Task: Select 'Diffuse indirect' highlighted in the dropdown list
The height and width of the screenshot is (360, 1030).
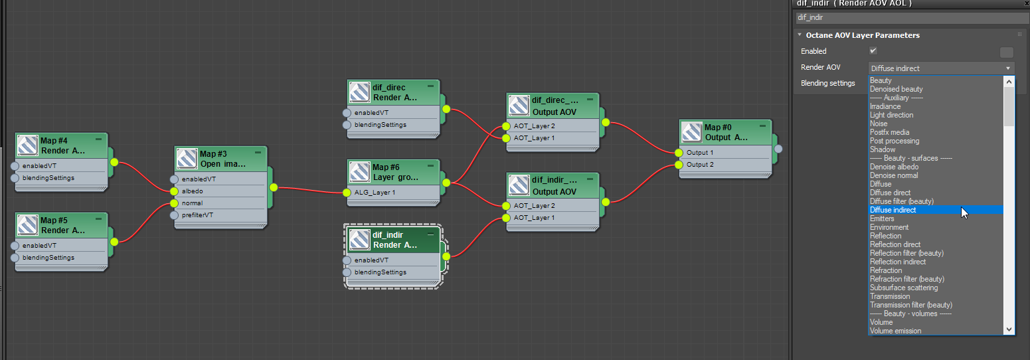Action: point(893,210)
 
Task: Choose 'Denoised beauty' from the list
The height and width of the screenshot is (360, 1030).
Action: point(896,89)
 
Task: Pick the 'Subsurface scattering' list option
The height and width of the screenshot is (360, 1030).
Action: point(904,288)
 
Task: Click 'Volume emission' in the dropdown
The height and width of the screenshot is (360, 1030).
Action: point(895,331)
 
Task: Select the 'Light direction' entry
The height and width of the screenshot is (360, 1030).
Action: point(891,115)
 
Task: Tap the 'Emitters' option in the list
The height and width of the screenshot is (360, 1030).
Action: point(882,219)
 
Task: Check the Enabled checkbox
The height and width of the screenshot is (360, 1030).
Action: point(873,50)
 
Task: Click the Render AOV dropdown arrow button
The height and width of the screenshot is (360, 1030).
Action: point(1008,68)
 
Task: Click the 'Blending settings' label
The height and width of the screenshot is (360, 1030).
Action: point(827,84)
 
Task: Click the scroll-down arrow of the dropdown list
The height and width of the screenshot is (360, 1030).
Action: point(1009,329)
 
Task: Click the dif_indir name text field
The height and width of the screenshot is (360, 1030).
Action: point(910,17)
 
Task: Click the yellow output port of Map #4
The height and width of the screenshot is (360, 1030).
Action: point(114,162)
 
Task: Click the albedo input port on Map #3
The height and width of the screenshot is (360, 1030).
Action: point(174,191)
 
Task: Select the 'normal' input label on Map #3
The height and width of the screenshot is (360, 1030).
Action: point(192,203)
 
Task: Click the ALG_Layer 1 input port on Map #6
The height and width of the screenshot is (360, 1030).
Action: point(347,193)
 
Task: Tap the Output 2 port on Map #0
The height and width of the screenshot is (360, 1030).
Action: point(679,165)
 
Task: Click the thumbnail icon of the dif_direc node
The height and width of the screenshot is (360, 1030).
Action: point(360,92)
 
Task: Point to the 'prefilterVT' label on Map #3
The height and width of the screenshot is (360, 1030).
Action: point(198,215)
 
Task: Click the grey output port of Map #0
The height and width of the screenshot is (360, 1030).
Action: point(778,149)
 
